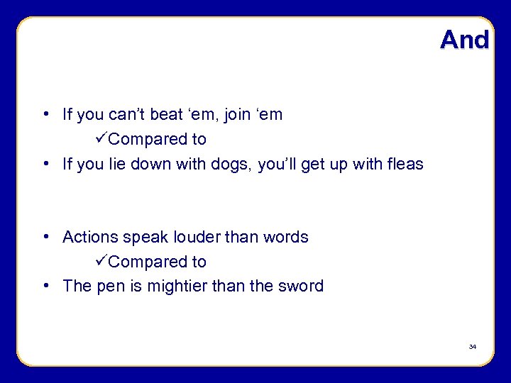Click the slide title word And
click(464, 40)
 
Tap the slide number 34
click(472, 347)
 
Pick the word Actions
click(89, 237)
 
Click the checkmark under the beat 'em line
click(101, 139)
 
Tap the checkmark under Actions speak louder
click(101, 261)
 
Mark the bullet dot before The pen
click(45, 286)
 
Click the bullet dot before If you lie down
click(45, 165)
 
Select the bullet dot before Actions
click(45, 237)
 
